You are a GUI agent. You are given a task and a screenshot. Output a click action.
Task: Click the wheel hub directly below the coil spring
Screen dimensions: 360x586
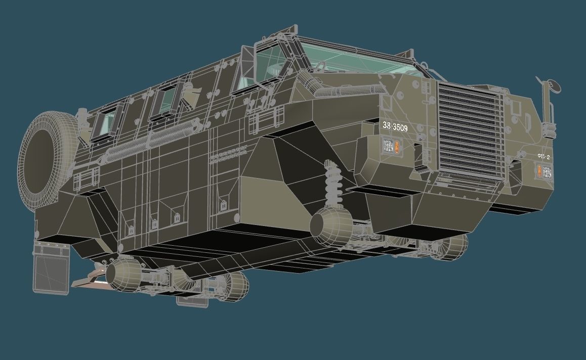330,228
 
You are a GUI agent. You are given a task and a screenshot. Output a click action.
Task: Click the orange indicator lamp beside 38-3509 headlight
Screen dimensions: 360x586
399,147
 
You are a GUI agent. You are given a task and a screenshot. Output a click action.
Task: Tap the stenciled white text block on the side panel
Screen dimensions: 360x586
231,155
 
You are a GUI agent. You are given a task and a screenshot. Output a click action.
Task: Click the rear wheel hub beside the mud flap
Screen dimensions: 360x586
121,276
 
